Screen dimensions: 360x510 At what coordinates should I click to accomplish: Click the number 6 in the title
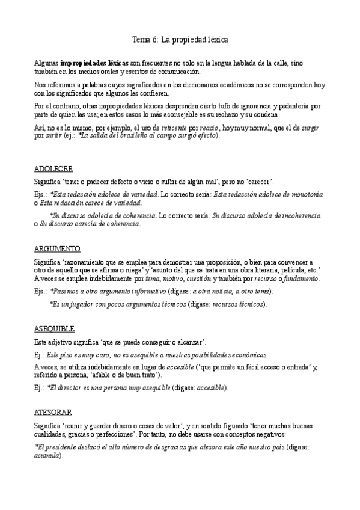(x=156, y=40)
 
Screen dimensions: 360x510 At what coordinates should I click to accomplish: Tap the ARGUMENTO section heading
(x=58, y=248)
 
